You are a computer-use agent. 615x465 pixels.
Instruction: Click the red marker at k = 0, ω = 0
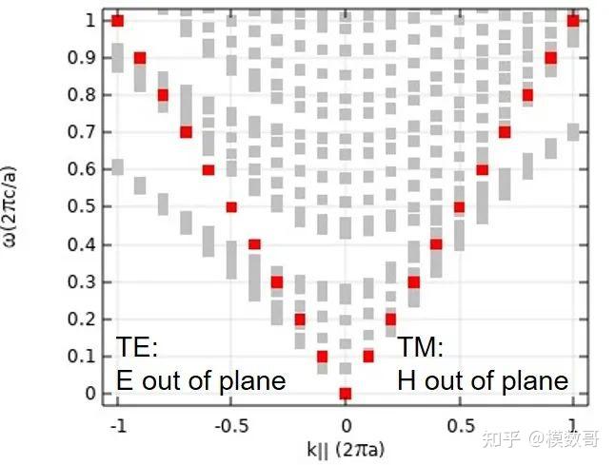tap(346, 394)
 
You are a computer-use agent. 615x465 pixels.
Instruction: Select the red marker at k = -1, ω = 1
tap(117, 21)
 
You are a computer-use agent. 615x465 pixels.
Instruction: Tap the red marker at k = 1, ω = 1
tap(573, 21)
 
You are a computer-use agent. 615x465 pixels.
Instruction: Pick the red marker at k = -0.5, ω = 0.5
tap(231, 207)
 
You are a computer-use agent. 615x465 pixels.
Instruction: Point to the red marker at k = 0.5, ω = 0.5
tap(459, 207)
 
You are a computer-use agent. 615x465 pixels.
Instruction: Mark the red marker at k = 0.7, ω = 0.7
tap(505, 132)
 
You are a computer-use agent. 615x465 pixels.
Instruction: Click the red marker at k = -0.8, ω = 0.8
tap(163, 95)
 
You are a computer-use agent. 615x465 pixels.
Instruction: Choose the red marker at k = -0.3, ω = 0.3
tap(277, 281)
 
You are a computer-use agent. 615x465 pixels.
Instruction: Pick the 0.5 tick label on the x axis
tap(459, 425)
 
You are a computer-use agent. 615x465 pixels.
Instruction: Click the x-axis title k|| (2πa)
tap(346, 447)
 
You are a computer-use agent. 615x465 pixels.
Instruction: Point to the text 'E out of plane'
tap(201, 380)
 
